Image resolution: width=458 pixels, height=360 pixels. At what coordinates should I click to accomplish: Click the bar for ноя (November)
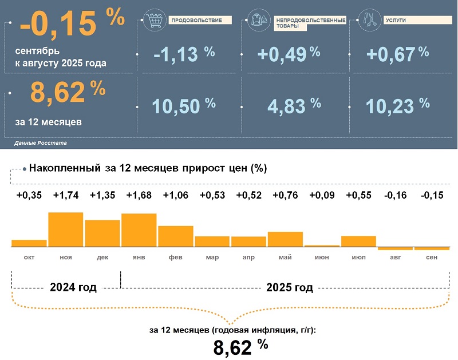tap(66, 230)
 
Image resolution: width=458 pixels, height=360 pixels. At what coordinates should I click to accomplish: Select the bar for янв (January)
tap(139, 230)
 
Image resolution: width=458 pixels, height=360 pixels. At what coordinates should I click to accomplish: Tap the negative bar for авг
tap(395, 248)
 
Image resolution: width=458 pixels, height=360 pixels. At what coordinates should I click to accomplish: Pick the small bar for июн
tap(322, 246)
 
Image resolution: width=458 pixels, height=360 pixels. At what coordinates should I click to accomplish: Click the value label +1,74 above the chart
tap(65, 195)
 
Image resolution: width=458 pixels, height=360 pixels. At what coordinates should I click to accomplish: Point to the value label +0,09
tap(322, 195)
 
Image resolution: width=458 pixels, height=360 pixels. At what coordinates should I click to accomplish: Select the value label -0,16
tap(395, 195)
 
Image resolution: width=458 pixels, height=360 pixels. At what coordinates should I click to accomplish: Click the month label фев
tap(176, 258)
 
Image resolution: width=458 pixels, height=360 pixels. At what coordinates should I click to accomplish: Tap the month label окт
tap(29, 258)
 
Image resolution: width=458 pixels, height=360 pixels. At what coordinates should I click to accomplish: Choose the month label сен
tap(432, 258)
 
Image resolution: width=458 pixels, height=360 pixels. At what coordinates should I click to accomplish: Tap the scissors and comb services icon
tap(368, 21)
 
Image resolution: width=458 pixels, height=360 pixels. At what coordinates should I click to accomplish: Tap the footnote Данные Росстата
tap(41, 142)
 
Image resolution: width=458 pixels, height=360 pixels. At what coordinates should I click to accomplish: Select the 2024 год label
tap(73, 287)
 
